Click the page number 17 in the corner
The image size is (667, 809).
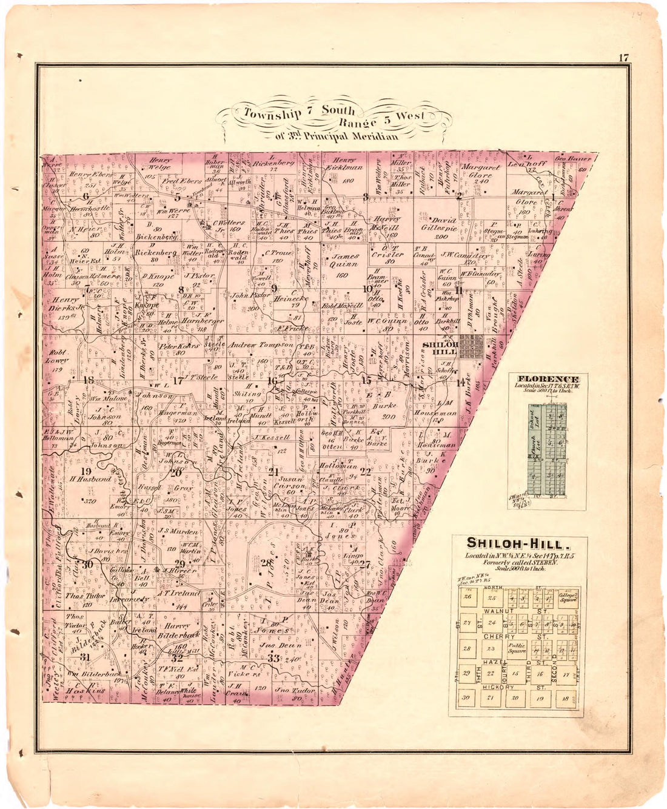coord(623,58)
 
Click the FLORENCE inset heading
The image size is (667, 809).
coord(548,379)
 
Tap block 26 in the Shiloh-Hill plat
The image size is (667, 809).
coord(467,597)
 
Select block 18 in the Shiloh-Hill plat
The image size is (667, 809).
coord(565,698)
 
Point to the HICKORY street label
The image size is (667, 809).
coord(499,687)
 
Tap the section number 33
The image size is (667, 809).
coord(273,658)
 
